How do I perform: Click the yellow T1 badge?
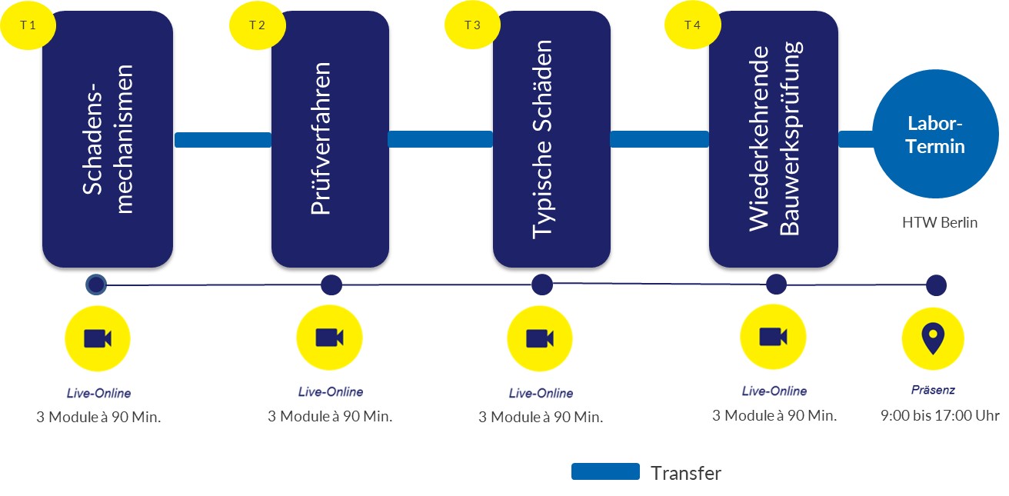pos(28,25)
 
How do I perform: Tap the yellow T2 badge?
pos(257,25)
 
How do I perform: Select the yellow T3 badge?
pos(472,25)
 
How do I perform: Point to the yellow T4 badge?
pos(692,25)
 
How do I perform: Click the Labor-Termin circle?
pos(936,134)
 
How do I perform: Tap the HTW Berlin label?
pos(940,222)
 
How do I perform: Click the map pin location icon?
pos(933,338)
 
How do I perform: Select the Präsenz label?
pos(933,390)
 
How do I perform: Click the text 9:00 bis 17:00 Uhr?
pos(940,415)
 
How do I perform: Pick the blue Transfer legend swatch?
pos(605,471)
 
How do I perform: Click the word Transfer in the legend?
pos(686,473)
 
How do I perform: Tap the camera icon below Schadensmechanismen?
pos(98,339)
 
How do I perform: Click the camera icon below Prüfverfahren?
pos(329,338)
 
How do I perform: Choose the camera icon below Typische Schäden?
pos(540,339)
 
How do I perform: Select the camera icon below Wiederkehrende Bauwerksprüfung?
pos(773,337)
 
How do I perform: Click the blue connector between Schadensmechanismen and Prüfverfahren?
pos(223,140)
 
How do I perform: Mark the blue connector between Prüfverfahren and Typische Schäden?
pos(441,138)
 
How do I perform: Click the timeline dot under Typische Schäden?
pos(542,285)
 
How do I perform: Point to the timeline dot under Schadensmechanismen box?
pos(96,285)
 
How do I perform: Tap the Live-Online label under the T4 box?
pos(774,391)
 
